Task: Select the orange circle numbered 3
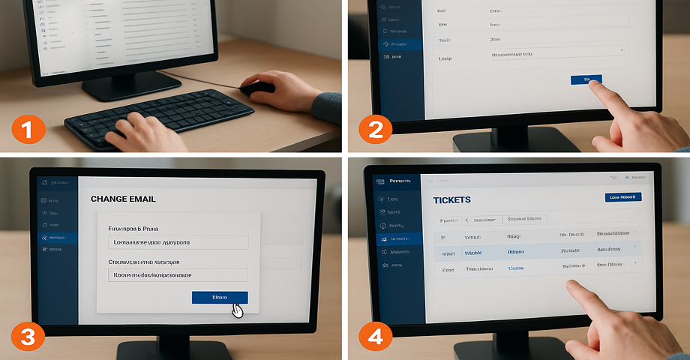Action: coord(27,337)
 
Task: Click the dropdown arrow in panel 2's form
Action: coord(622,50)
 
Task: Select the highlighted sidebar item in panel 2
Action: coord(398,44)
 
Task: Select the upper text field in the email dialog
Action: coord(178,242)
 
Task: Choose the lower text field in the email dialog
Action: coord(178,275)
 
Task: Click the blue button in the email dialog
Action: coord(220,298)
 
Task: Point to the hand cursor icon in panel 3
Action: coord(237,310)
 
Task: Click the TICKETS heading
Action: coord(451,200)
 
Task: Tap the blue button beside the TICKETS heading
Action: coord(622,197)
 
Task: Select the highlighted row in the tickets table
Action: coord(536,252)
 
